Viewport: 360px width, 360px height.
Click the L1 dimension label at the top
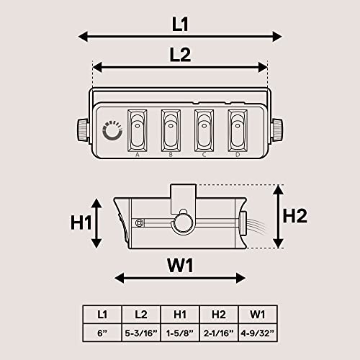[x=180, y=24]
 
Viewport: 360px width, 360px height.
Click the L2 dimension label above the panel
[x=180, y=55]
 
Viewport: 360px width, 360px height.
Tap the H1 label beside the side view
[x=81, y=222]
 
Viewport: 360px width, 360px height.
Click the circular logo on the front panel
[x=112, y=130]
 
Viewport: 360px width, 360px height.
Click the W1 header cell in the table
[x=258, y=314]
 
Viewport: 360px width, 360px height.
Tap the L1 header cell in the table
[x=101, y=314]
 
